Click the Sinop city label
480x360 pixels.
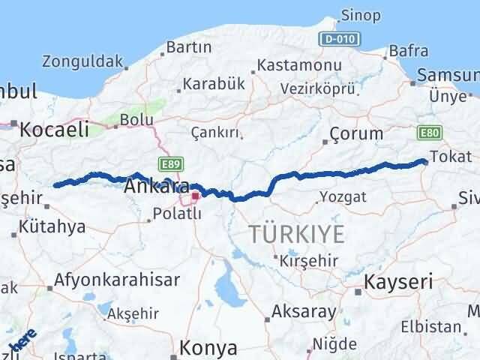(361, 16)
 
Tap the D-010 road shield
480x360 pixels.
(338, 38)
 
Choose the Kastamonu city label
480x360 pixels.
(299, 65)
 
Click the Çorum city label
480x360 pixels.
(356, 134)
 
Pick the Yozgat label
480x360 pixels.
(343, 196)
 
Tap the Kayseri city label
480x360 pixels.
(399, 282)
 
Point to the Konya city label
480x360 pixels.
(209, 348)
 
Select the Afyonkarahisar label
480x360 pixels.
(117, 280)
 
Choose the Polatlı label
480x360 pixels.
(177, 213)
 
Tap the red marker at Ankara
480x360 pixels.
(195, 196)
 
